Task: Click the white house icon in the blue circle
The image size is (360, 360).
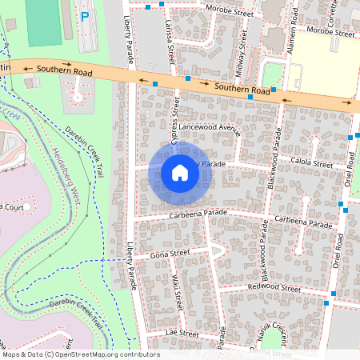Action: point(180,172)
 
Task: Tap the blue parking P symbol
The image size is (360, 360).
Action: point(84,15)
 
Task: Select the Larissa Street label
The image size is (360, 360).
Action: point(170,43)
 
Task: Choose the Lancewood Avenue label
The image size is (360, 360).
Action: point(210,127)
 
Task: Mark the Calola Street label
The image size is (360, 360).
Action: point(311,165)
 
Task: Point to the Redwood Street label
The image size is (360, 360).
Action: point(274,288)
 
